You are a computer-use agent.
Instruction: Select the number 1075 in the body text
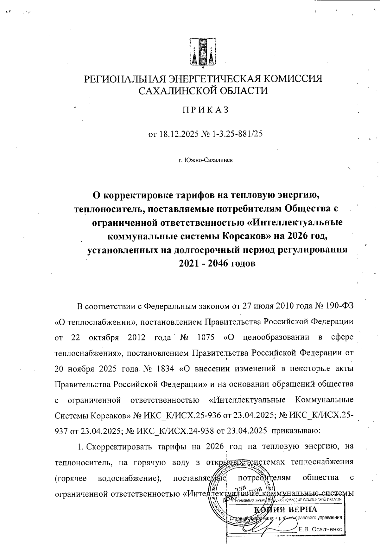[206, 337]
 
